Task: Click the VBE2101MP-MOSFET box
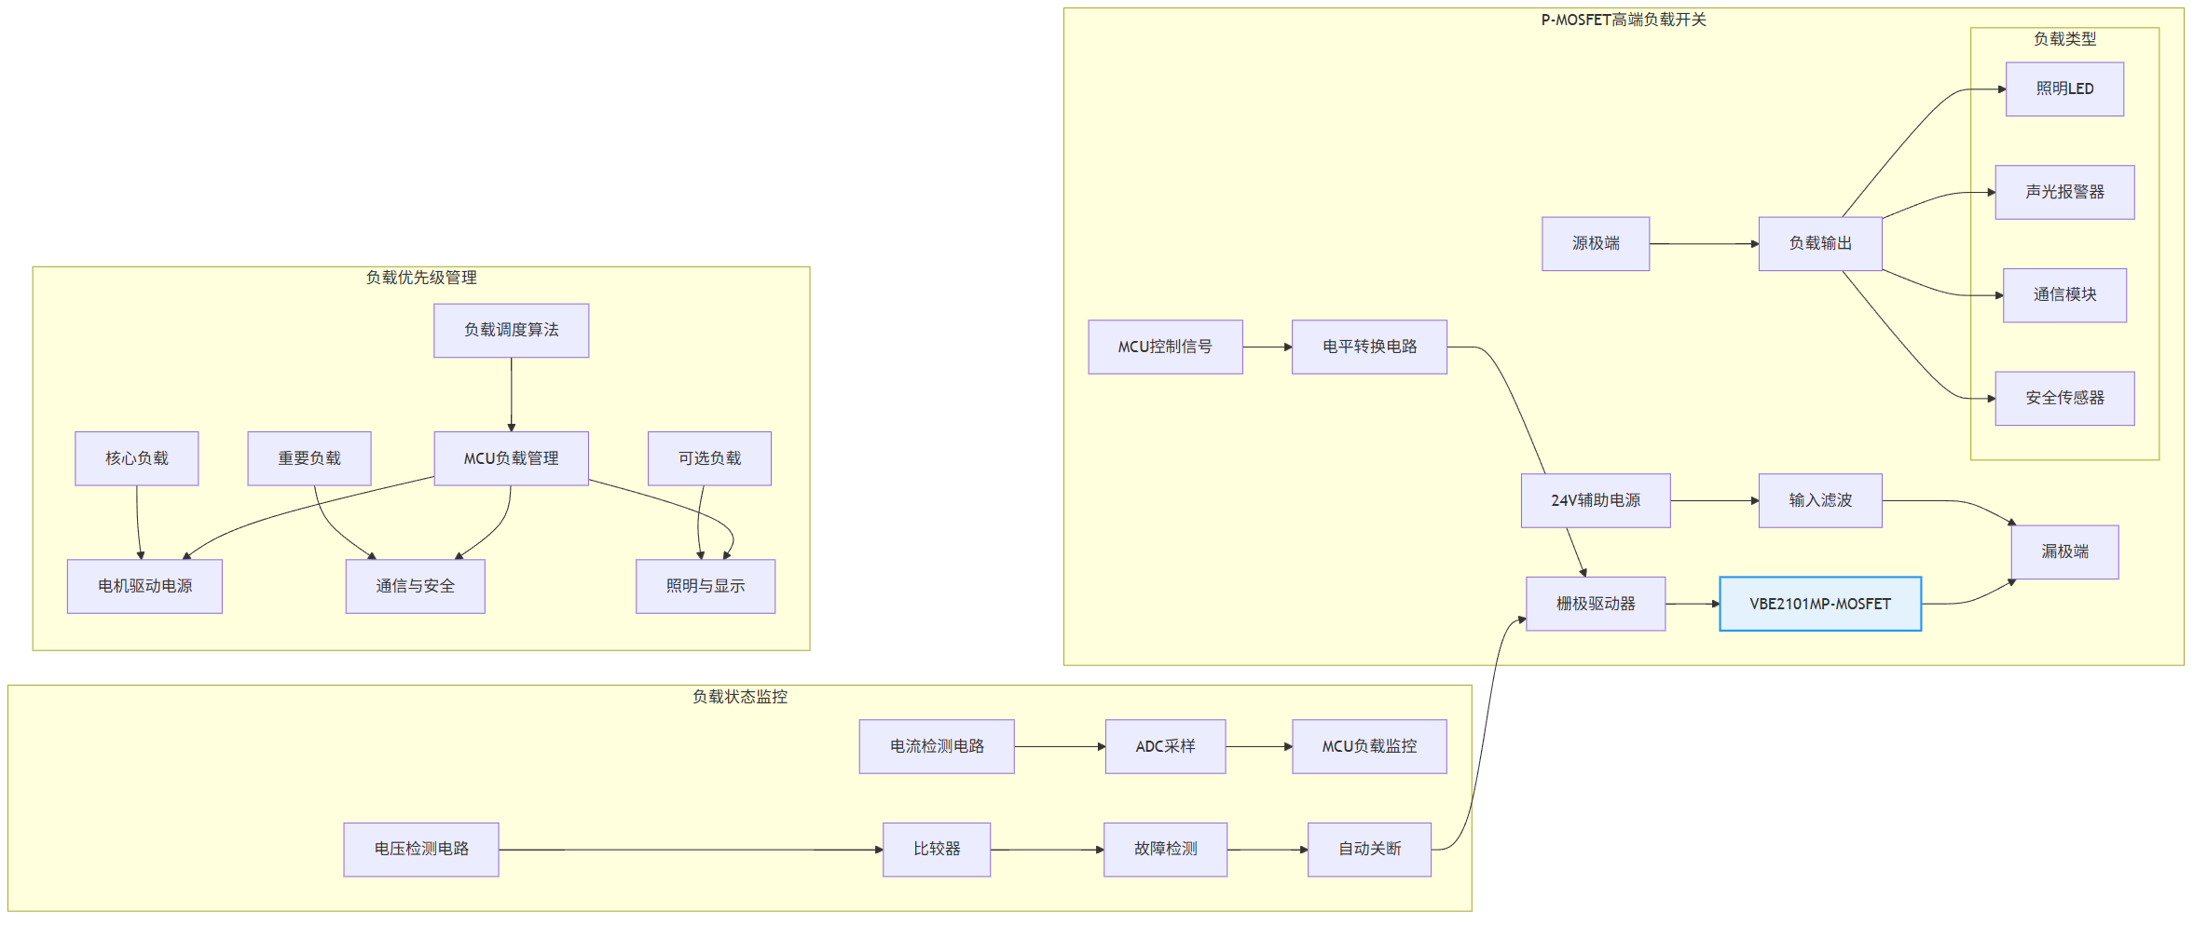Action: (x=1819, y=604)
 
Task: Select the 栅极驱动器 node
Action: (x=1596, y=604)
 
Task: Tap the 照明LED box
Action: (x=2064, y=89)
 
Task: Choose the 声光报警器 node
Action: (x=2064, y=192)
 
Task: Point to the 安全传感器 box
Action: (x=2064, y=398)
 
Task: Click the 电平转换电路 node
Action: (x=1369, y=347)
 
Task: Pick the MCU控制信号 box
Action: (x=1165, y=347)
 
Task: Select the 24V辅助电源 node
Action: (x=1596, y=500)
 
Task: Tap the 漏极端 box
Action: (x=2064, y=552)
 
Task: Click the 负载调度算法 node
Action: (x=511, y=331)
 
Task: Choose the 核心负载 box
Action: (x=137, y=458)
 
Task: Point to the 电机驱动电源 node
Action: (x=144, y=586)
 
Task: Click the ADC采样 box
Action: (x=1165, y=746)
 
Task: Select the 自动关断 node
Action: (x=1369, y=850)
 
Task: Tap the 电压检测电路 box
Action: (x=421, y=850)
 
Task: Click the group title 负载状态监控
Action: (x=740, y=697)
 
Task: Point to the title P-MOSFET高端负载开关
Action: (x=1624, y=20)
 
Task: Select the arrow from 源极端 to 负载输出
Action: (x=1705, y=244)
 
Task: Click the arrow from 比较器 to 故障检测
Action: (x=1048, y=850)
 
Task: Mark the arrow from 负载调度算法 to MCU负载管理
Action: (x=512, y=395)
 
